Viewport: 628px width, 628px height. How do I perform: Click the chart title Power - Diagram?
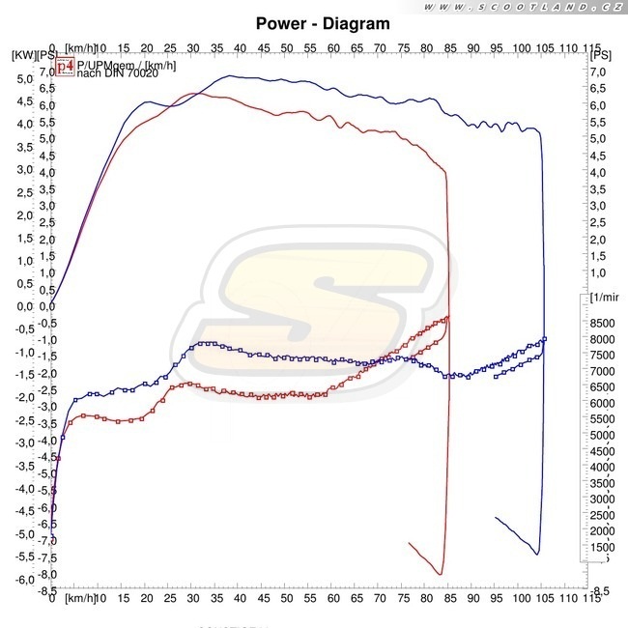click(323, 23)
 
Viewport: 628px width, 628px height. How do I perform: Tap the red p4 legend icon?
click(64, 66)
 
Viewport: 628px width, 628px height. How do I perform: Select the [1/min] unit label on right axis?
click(606, 297)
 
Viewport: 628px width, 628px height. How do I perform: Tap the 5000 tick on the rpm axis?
click(601, 435)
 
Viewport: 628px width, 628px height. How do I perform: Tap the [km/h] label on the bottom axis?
click(79, 600)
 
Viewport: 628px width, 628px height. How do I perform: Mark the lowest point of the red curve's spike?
click(441, 574)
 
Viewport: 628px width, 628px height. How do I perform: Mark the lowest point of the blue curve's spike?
click(537, 554)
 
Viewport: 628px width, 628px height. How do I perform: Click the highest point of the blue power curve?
click(230, 75)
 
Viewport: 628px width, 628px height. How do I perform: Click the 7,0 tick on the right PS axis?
click(601, 71)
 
